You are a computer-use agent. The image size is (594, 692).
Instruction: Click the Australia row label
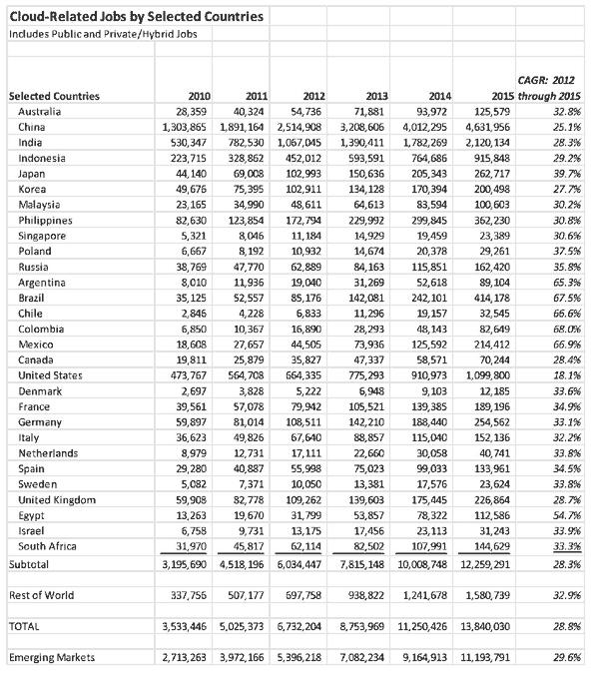click(41, 111)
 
